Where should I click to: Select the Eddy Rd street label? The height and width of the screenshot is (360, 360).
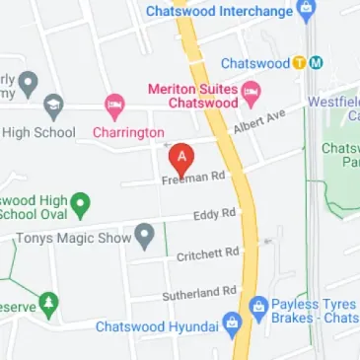pyautogui.click(x=215, y=213)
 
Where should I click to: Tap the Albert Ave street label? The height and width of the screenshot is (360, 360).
pyautogui.click(x=257, y=122)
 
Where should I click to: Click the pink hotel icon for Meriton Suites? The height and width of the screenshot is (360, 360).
pyautogui.click(x=251, y=92)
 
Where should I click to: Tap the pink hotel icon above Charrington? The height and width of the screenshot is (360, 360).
pyautogui.click(x=114, y=105)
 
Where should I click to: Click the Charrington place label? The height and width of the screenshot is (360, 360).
pyautogui.click(x=127, y=130)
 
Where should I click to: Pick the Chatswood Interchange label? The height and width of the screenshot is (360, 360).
pyautogui.click(x=219, y=12)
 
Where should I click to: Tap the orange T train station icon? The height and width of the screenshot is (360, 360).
pyautogui.click(x=299, y=63)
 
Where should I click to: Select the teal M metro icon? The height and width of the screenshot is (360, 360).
pyautogui.click(x=316, y=63)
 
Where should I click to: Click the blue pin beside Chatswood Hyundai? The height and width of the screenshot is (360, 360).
pyautogui.click(x=233, y=324)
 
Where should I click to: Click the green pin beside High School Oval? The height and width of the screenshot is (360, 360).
pyautogui.click(x=83, y=203)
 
